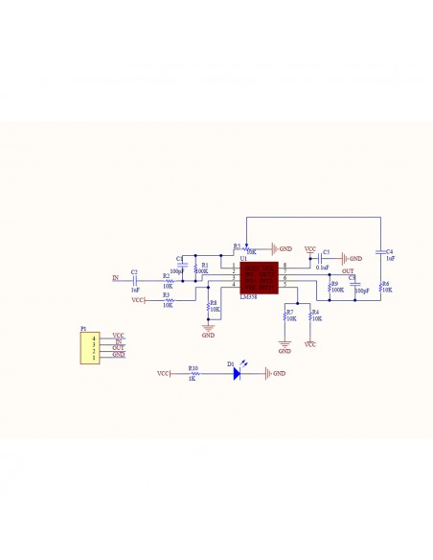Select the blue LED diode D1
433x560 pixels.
click(237, 374)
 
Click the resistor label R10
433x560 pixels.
click(193, 367)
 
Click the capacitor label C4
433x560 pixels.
click(390, 252)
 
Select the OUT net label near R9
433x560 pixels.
click(348, 271)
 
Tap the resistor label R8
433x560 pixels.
click(214, 303)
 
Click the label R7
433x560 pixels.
click(289, 313)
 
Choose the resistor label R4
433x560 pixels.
click(315, 313)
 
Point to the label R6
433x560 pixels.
click(385, 284)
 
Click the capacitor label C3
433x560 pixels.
click(326, 252)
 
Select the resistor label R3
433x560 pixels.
click(166, 294)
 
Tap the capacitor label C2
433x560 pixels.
click(134, 272)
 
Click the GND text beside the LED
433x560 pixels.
click(280, 374)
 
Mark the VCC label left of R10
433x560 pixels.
click(163, 374)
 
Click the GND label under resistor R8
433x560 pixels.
click(208, 336)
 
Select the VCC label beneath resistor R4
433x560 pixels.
click(310, 343)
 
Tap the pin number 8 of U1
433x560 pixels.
click(285, 265)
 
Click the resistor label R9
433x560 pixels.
click(334, 284)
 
